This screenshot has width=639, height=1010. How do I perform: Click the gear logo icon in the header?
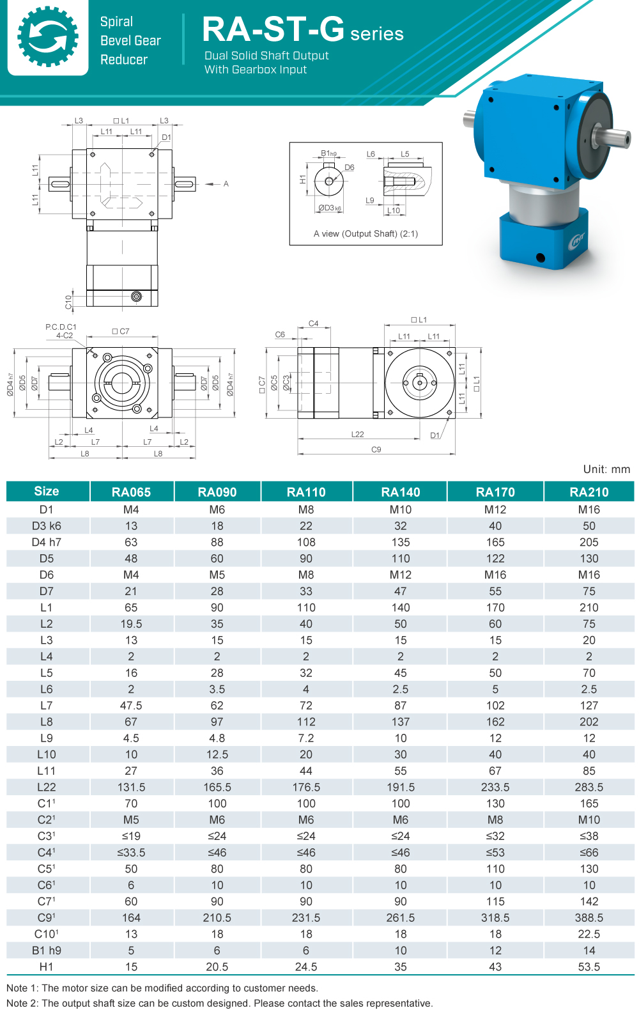(x=48, y=36)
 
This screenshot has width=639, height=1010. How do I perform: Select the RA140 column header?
(x=400, y=492)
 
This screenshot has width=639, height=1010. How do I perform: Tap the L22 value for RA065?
(x=131, y=787)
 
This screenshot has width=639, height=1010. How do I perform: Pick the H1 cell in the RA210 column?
(x=589, y=967)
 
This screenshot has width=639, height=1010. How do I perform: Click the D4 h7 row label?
(x=47, y=542)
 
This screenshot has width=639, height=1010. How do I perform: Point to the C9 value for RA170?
(x=495, y=917)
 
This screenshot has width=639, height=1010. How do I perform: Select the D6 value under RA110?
(x=305, y=575)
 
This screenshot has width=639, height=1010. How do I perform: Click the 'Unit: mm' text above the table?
(x=606, y=469)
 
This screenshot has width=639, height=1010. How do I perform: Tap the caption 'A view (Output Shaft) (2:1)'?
(x=366, y=233)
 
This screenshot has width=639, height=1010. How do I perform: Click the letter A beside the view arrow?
(x=226, y=184)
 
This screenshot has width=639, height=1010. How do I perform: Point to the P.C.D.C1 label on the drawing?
(x=61, y=327)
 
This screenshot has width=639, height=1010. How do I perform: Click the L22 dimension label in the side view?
(x=357, y=434)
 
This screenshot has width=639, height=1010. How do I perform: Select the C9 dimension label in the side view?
(x=376, y=449)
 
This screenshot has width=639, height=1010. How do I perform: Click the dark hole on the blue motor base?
(x=541, y=258)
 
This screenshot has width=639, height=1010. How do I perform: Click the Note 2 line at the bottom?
(x=219, y=1002)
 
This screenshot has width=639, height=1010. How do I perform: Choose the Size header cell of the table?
(x=47, y=491)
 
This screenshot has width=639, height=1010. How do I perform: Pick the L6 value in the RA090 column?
(x=217, y=689)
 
